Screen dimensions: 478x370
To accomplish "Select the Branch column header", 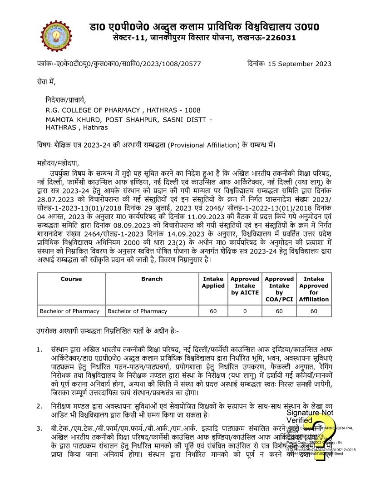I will tap(151, 279).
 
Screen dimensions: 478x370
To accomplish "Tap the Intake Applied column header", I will tap(213, 282).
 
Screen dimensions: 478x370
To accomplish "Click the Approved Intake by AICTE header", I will tap(245, 286).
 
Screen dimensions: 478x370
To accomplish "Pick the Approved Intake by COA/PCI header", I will tap(279, 289).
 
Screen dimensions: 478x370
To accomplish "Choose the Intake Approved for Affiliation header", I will tap(314, 289).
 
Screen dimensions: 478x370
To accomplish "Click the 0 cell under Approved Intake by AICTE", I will tap(245, 311).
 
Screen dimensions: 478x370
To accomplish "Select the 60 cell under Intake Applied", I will tap(213, 311).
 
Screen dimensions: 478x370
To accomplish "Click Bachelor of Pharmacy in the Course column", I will tap(69, 311).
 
